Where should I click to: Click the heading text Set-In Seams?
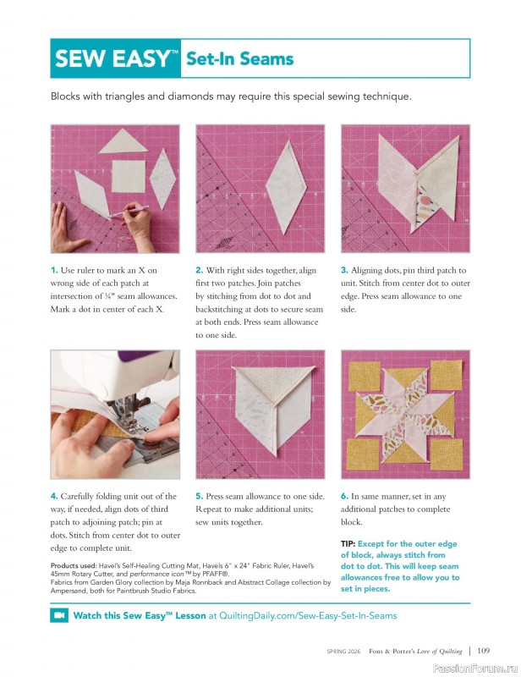239,58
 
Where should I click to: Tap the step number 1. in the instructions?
54,271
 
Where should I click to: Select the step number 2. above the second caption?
199,271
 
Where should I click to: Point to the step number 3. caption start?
344,271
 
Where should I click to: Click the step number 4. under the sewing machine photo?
54,497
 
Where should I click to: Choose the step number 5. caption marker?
199,497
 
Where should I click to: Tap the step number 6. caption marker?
344,497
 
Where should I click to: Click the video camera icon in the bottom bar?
59,615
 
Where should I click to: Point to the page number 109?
483,651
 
